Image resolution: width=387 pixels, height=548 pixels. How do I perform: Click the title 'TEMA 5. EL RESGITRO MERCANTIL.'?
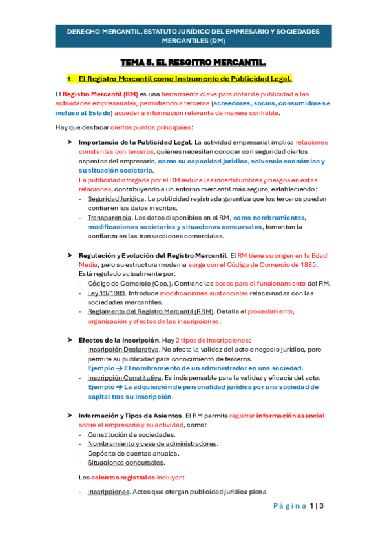[x=193, y=63]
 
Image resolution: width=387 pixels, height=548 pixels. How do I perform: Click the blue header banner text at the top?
[x=193, y=36]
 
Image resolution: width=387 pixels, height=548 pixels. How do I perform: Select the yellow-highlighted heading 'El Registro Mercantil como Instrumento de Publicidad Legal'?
[x=185, y=79]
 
